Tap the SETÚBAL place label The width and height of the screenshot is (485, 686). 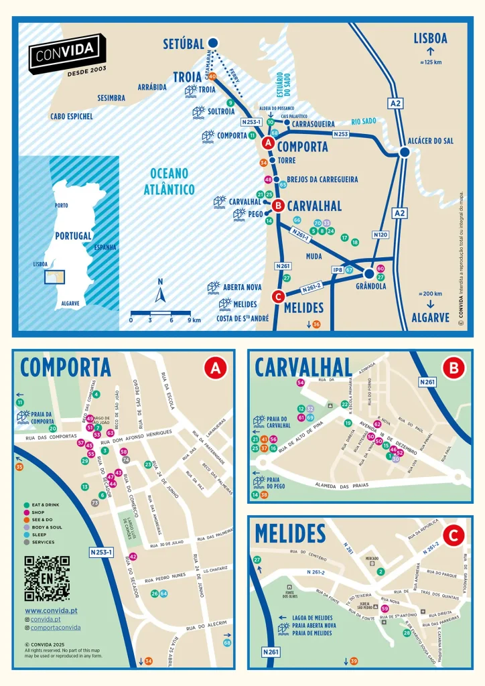coord(184,44)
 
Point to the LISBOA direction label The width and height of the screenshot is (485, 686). coord(430,38)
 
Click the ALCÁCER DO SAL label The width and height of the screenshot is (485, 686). coord(430,141)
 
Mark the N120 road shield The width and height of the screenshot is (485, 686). coord(380,234)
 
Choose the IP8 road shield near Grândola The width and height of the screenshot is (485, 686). coord(337,270)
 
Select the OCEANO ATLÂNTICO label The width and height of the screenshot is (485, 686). coord(169,181)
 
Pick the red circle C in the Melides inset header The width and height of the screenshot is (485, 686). coord(454,535)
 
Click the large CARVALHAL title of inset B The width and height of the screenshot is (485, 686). coord(303,367)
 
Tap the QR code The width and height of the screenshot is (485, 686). coord(47,577)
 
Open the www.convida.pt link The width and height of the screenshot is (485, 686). coord(51,610)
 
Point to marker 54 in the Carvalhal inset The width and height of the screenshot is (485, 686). coord(301,383)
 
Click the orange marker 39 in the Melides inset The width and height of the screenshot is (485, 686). coord(354,661)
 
